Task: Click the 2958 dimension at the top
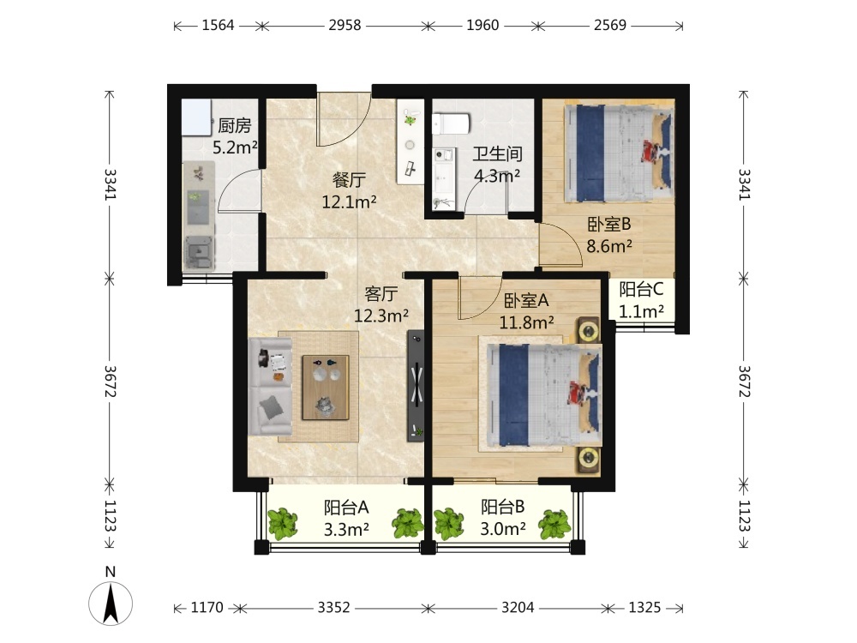tap(345, 25)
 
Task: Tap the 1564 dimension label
tap(218, 25)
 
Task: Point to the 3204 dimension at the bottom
tap(518, 608)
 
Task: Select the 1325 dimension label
tap(645, 608)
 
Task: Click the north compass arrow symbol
tap(111, 604)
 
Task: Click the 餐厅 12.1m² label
tap(350, 191)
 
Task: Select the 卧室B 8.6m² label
tap(609, 235)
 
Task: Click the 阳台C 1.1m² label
tap(642, 299)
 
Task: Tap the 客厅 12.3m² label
tap(381, 304)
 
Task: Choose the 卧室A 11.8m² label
tap(527, 311)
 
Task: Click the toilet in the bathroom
tap(451, 123)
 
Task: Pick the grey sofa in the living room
tap(270, 386)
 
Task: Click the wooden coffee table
tap(326, 388)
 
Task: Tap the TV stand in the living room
tap(416, 386)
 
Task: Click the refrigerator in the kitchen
tap(196, 117)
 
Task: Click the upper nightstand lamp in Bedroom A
tap(588, 331)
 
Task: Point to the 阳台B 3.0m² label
tap(503, 518)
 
